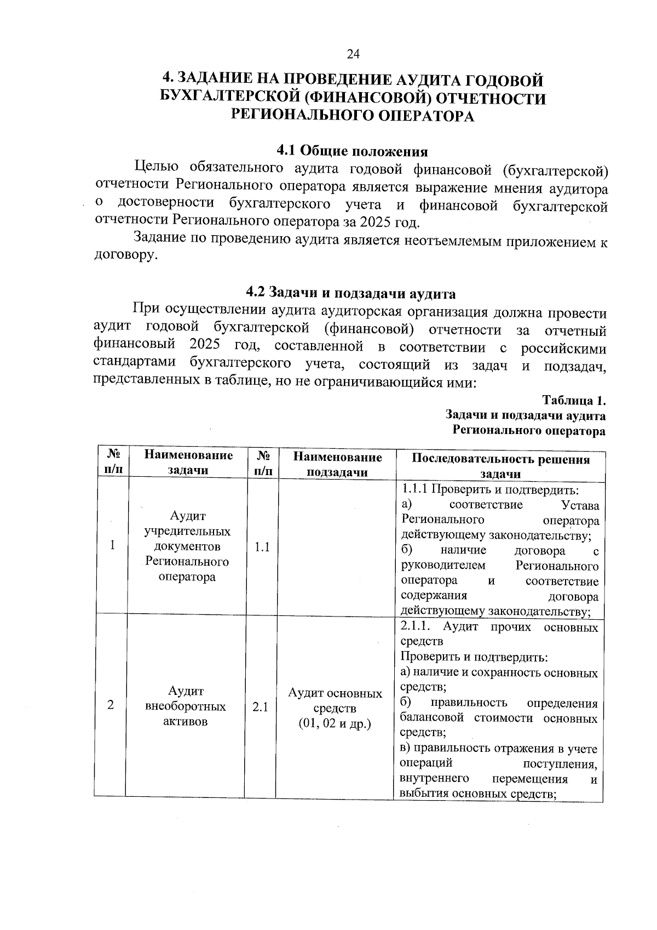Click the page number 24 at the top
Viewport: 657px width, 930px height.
353,54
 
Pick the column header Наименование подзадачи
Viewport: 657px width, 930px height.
337,464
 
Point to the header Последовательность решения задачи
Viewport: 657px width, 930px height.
500,466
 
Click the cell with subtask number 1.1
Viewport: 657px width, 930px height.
262,547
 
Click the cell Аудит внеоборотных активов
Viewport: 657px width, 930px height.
186,706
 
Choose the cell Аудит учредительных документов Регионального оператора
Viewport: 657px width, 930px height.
187,546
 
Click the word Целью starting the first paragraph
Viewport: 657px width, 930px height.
157,167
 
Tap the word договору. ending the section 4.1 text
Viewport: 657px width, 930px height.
126,255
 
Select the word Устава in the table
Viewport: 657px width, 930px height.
580,505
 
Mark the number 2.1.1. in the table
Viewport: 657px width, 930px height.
418,627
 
